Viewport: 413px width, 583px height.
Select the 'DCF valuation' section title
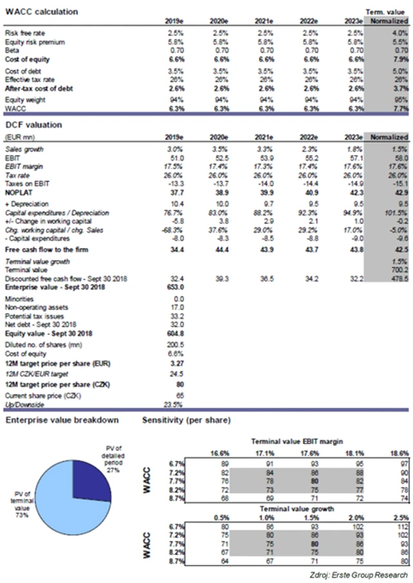tap(36, 124)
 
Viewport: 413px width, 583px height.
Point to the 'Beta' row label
tap(12, 50)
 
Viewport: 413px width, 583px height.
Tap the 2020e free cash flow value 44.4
tap(221, 249)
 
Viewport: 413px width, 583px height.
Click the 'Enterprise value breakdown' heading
tap(62, 420)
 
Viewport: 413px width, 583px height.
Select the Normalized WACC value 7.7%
tap(399, 110)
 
